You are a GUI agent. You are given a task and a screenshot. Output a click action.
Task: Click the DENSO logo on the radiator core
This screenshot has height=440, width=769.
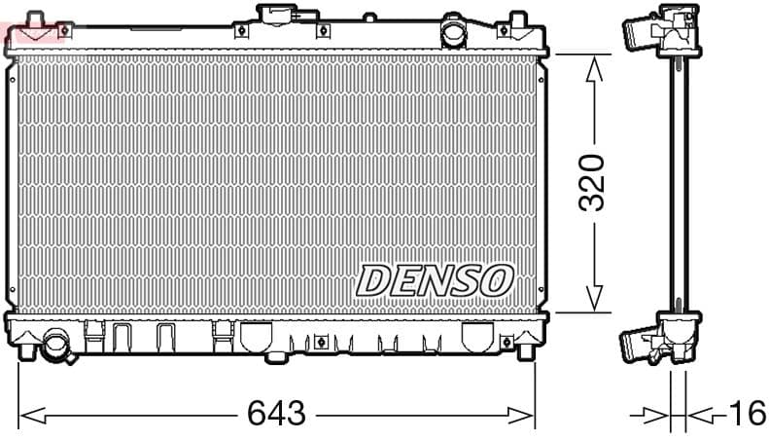pyautogui.click(x=435, y=280)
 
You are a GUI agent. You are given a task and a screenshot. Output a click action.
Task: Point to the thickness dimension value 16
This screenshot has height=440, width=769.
pyautogui.click(x=747, y=414)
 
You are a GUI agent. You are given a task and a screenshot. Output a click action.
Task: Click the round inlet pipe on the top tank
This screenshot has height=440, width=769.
pyautogui.click(x=453, y=32)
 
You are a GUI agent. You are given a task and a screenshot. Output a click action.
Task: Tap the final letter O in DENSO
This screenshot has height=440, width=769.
pyautogui.click(x=496, y=280)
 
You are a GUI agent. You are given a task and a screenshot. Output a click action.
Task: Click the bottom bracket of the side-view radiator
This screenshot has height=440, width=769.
pyautogui.click(x=661, y=339)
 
